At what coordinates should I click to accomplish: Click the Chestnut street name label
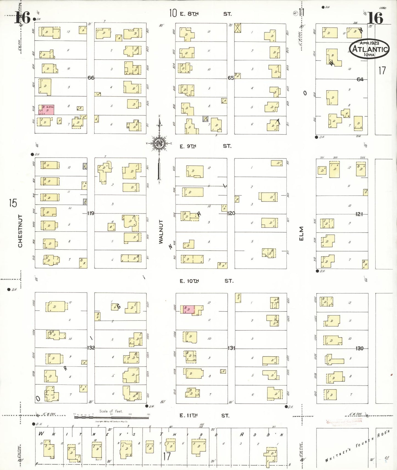(x=20, y=231)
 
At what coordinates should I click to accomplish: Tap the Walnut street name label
(x=161, y=232)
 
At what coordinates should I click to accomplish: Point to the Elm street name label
(x=301, y=234)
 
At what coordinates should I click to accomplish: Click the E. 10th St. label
(x=206, y=281)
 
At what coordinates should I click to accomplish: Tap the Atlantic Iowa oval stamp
(x=369, y=49)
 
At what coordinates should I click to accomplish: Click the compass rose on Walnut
(x=159, y=143)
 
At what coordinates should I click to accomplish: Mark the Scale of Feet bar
(x=112, y=417)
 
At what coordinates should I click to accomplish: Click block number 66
(x=91, y=78)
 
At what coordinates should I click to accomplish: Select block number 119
(x=91, y=213)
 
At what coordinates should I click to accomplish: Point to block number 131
(x=231, y=348)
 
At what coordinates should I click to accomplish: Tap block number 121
(x=359, y=214)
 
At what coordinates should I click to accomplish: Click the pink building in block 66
(x=48, y=110)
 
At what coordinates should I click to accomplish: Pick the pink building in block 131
(x=188, y=309)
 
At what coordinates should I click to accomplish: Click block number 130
(x=359, y=348)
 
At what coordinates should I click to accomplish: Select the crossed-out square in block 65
(x=238, y=28)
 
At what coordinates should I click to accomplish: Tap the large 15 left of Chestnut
(x=13, y=203)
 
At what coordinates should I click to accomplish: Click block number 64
(x=360, y=79)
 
